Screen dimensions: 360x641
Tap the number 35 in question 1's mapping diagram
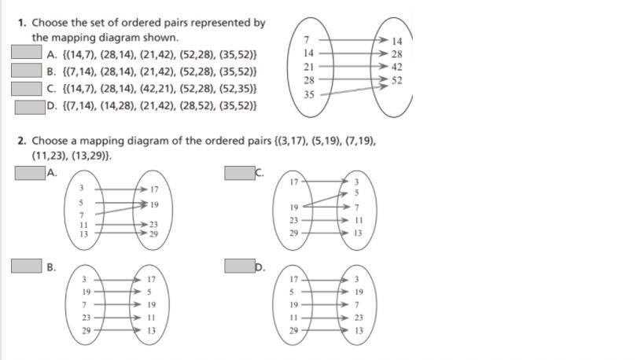point(308,94)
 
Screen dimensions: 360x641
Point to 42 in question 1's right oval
point(396,67)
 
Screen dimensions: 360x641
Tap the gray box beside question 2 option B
point(26,266)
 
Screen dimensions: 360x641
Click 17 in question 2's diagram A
point(153,189)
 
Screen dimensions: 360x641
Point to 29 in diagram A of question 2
point(153,234)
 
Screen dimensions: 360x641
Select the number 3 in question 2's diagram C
point(356,183)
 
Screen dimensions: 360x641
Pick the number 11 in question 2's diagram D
point(293,318)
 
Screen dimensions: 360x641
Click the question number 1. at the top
point(22,24)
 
